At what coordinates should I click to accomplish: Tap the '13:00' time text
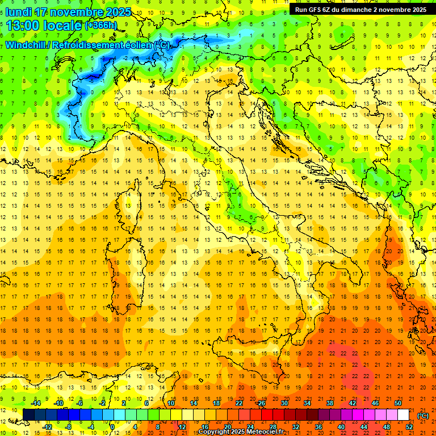coord(23,26)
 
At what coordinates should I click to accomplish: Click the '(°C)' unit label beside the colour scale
coord(423,416)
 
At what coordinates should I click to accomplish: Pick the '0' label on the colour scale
coord(112,427)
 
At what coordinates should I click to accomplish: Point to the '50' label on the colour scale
coord(398,403)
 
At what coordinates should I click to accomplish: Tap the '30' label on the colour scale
coord(284,403)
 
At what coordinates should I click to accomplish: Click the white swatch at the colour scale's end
coord(404,415)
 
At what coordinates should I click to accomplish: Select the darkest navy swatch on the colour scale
coord(28,415)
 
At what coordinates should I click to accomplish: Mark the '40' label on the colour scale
coord(341,427)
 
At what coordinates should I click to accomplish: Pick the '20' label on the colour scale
coord(227,427)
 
